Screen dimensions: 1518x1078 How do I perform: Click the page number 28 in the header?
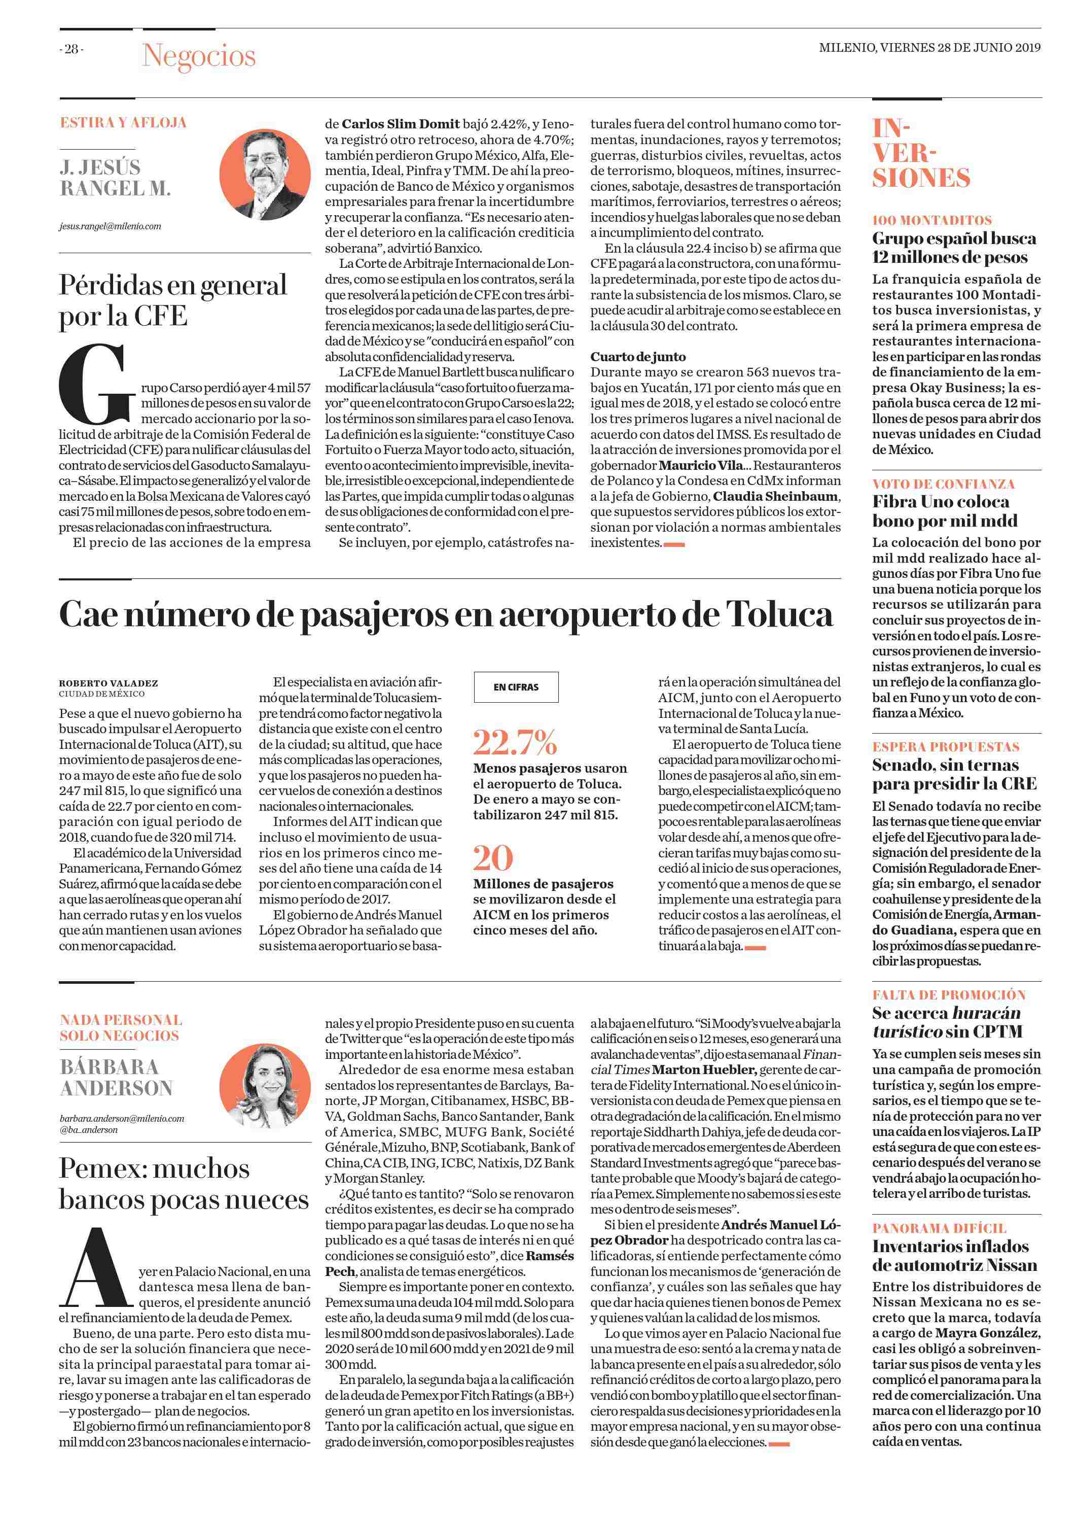[x=71, y=49]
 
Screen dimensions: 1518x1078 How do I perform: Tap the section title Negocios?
[x=198, y=56]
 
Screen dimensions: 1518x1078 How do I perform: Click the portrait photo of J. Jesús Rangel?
[x=264, y=169]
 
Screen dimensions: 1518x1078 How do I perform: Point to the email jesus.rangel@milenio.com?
[x=110, y=226]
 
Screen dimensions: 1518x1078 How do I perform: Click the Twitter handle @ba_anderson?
[x=89, y=1129]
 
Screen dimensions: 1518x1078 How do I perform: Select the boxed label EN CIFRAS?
[x=516, y=687]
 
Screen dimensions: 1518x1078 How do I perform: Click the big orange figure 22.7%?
[x=515, y=742]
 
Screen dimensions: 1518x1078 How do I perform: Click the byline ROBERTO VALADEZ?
[x=108, y=682]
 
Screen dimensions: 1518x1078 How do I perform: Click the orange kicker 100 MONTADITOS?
[x=932, y=221]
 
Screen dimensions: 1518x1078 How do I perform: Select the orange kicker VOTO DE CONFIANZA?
[x=943, y=484]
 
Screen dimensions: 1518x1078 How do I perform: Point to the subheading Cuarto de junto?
[x=638, y=357]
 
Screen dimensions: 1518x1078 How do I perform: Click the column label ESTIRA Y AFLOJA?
[x=123, y=123]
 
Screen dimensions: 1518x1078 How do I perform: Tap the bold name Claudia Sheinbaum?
[x=776, y=497]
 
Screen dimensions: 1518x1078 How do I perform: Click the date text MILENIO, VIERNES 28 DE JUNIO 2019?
[x=929, y=48]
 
